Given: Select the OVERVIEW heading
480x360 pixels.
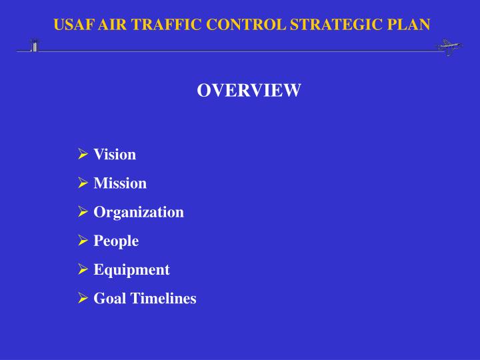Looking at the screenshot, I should (x=249, y=91).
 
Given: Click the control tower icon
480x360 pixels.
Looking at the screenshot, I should (x=33, y=45).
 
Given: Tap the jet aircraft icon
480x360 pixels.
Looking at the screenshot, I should (x=448, y=47).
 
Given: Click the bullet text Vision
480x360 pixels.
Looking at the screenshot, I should (x=115, y=155).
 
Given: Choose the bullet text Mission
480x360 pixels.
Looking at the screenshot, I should (x=120, y=183).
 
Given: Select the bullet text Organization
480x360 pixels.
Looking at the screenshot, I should (x=139, y=212).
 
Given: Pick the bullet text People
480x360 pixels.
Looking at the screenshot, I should (x=116, y=241).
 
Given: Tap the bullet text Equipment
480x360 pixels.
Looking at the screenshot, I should (x=131, y=269).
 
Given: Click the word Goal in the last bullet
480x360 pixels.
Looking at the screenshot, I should (x=105, y=298).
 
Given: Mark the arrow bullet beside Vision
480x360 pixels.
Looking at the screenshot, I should (x=83, y=155).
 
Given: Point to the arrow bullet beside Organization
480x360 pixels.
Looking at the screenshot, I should (x=83, y=212).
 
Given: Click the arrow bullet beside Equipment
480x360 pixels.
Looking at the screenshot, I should (x=83, y=269).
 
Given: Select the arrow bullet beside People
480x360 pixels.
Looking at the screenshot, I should (x=83, y=241).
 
